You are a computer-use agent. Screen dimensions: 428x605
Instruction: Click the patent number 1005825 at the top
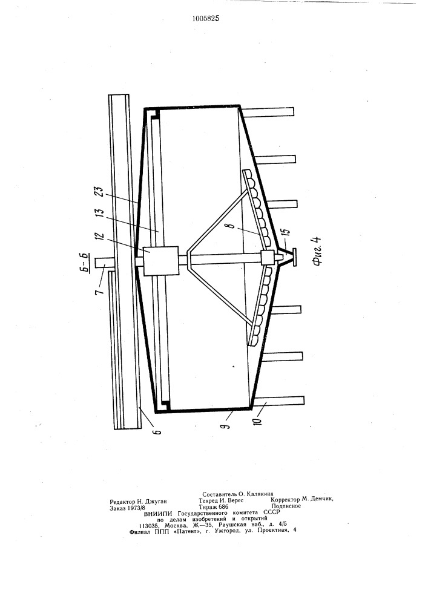click(206, 18)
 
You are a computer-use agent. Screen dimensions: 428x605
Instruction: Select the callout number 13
click(99, 215)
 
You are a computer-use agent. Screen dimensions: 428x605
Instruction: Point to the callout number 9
click(227, 425)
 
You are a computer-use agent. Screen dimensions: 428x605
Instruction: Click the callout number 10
click(258, 419)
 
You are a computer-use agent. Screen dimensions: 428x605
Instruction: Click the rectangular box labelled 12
click(161, 261)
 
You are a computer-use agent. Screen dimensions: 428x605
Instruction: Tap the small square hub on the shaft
click(267, 258)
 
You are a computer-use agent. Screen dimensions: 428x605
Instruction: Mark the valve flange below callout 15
click(294, 258)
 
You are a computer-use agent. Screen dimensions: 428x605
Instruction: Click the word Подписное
click(286, 506)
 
